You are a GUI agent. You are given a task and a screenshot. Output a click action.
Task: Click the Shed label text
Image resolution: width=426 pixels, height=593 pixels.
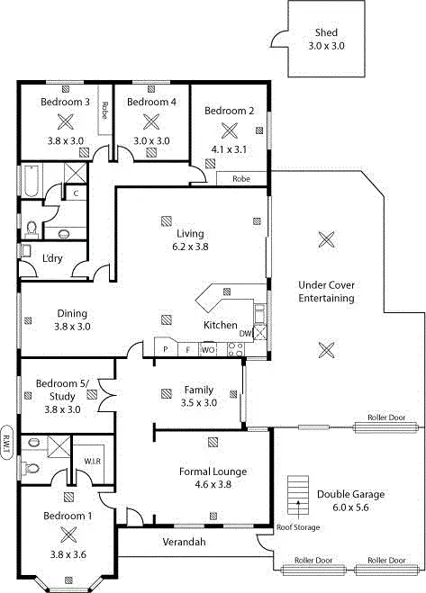click(326, 32)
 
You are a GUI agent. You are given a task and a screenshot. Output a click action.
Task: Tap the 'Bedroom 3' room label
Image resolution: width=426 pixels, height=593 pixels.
click(65, 103)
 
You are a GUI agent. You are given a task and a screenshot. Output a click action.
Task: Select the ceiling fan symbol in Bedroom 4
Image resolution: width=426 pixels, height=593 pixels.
click(150, 121)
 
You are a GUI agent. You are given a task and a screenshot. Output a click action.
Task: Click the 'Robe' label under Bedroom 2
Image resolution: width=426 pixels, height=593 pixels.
click(240, 178)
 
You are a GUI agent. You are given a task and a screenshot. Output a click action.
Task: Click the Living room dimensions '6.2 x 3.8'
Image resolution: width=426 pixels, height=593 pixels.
click(190, 246)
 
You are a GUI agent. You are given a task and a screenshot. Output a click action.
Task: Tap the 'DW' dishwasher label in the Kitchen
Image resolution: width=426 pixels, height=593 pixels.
click(244, 334)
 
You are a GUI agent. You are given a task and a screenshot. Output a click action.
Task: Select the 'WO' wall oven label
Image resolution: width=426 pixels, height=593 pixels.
click(208, 349)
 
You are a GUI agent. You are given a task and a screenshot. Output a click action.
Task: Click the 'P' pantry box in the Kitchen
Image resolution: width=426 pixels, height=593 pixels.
click(166, 349)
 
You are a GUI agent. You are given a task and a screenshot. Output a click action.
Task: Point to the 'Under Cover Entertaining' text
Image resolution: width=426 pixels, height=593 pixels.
click(326, 292)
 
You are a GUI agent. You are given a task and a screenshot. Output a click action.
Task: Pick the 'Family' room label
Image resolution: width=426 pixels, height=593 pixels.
click(199, 390)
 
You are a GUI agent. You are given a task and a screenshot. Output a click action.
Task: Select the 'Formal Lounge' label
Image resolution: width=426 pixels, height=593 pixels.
click(213, 472)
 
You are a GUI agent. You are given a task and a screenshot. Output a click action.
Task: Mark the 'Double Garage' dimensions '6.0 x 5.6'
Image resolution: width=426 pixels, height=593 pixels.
click(350, 508)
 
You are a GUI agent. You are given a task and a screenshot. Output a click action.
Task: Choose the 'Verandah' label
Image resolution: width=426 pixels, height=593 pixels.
click(184, 543)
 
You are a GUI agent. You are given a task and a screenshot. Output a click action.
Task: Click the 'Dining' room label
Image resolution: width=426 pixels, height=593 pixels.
click(69, 313)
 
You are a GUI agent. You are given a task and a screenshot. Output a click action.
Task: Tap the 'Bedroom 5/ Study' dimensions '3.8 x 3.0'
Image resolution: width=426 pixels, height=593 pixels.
click(62, 409)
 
